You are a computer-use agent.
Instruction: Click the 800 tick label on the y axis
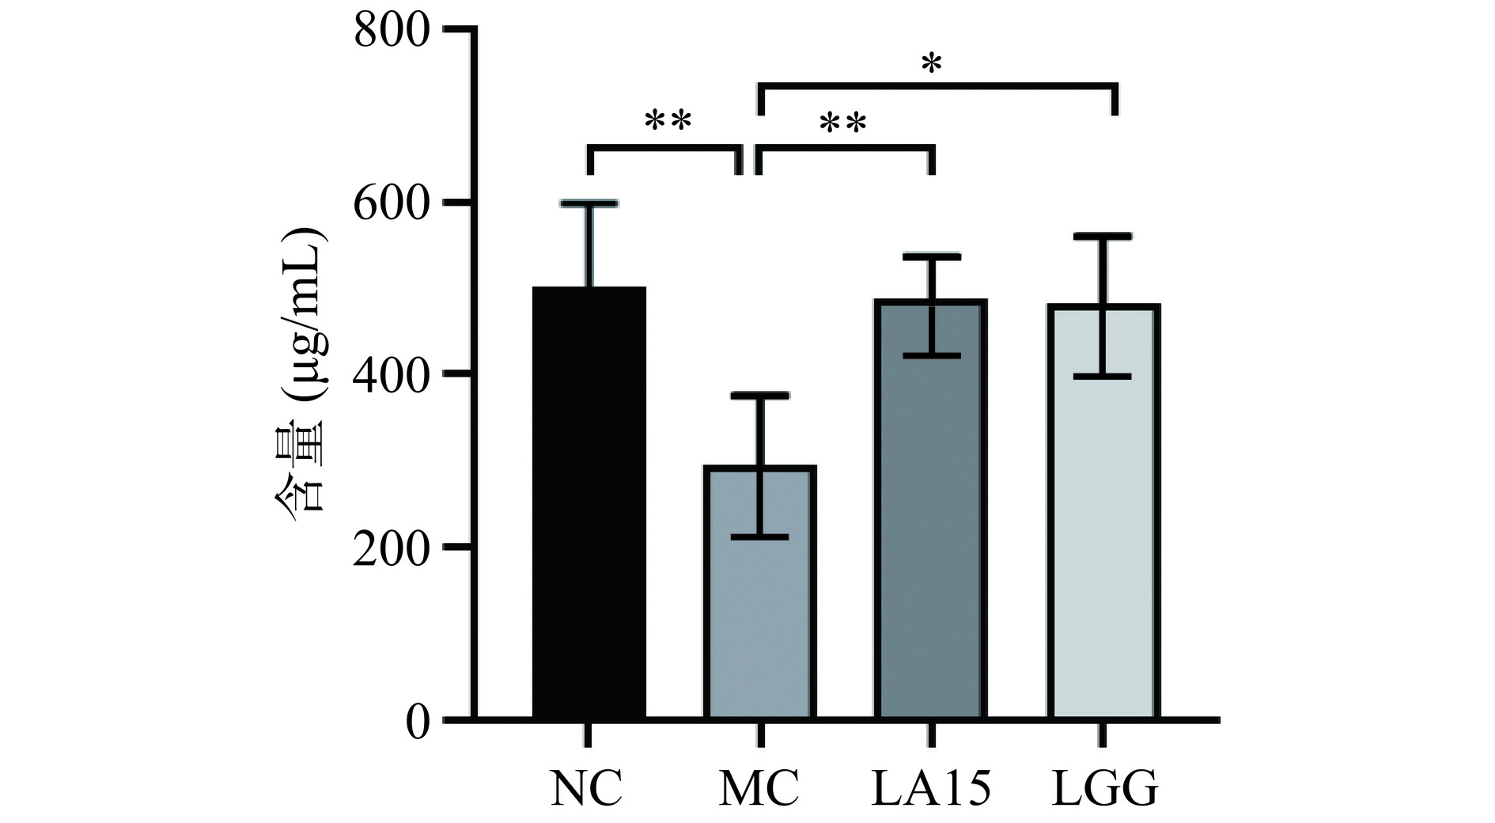(x=392, y=32)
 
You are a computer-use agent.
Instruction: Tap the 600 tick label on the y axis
(x=392, y=204)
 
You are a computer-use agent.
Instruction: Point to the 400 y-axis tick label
(x=392, y=375)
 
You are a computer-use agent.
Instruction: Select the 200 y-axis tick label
(x=392, y=548)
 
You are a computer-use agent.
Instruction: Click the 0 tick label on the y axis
(x=417, y=721)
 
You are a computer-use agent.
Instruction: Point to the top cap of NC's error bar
(x=589, y=204)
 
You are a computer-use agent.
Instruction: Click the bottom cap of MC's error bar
(x=759, y=537)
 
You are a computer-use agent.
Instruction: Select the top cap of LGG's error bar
(x=1103, y=236)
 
